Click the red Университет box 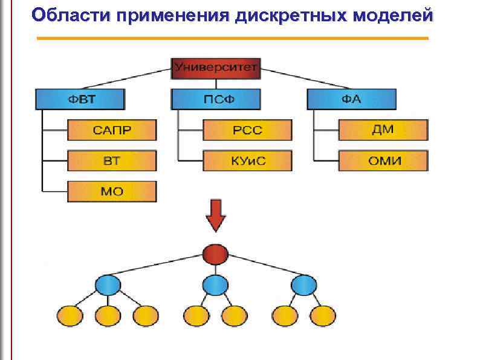coord(216,68)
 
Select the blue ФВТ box coord(80,99)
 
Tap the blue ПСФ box coord(216,99)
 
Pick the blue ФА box coord(351,99)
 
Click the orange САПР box coord(112,130)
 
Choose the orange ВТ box coord(112,161)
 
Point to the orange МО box coord(112,192)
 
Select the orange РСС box coord(247,130)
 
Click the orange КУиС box coord(247,161)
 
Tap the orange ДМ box coord(383,130)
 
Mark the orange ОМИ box coord(383,161)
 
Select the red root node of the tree coord(216,254)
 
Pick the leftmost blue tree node coord(108,284)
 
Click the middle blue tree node coord(215,284)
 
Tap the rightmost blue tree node coord(303,284)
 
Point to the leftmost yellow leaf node coord(70,315)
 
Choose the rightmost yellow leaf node coord(322,315)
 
